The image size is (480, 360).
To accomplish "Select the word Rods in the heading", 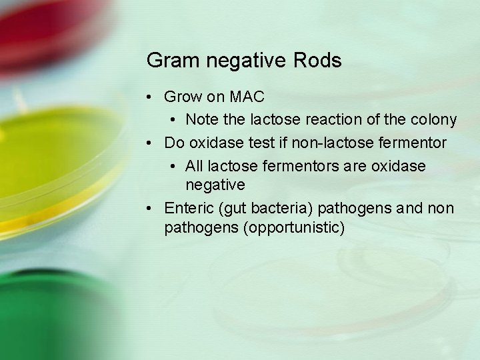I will tap(317, 61).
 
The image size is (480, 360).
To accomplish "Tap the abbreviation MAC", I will tap(246, 97).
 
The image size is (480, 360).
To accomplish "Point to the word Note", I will tap(202, 120).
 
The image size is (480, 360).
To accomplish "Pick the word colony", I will tap(433, 120).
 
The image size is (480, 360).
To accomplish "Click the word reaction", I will tap(335, 120).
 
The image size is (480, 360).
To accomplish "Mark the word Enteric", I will tap(188, 208).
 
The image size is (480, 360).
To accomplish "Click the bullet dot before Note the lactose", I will tap(173, 121).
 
